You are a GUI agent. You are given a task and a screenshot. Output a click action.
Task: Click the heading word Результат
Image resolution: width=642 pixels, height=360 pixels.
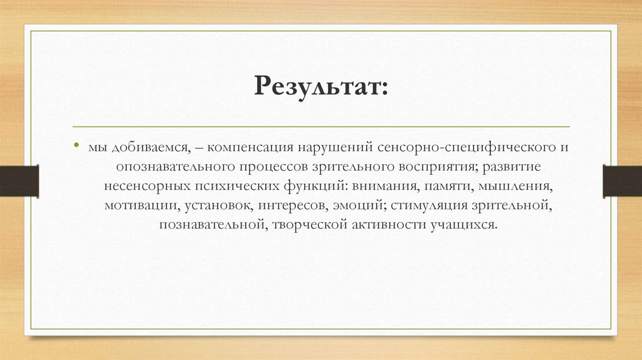coord(320,85)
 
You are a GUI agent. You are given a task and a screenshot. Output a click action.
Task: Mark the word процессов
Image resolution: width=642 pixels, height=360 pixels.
coord(270,168)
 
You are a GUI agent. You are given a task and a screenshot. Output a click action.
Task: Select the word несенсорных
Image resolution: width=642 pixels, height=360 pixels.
coord(142,187)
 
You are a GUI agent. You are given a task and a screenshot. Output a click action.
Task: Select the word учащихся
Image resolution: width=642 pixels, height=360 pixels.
coord(461,224)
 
